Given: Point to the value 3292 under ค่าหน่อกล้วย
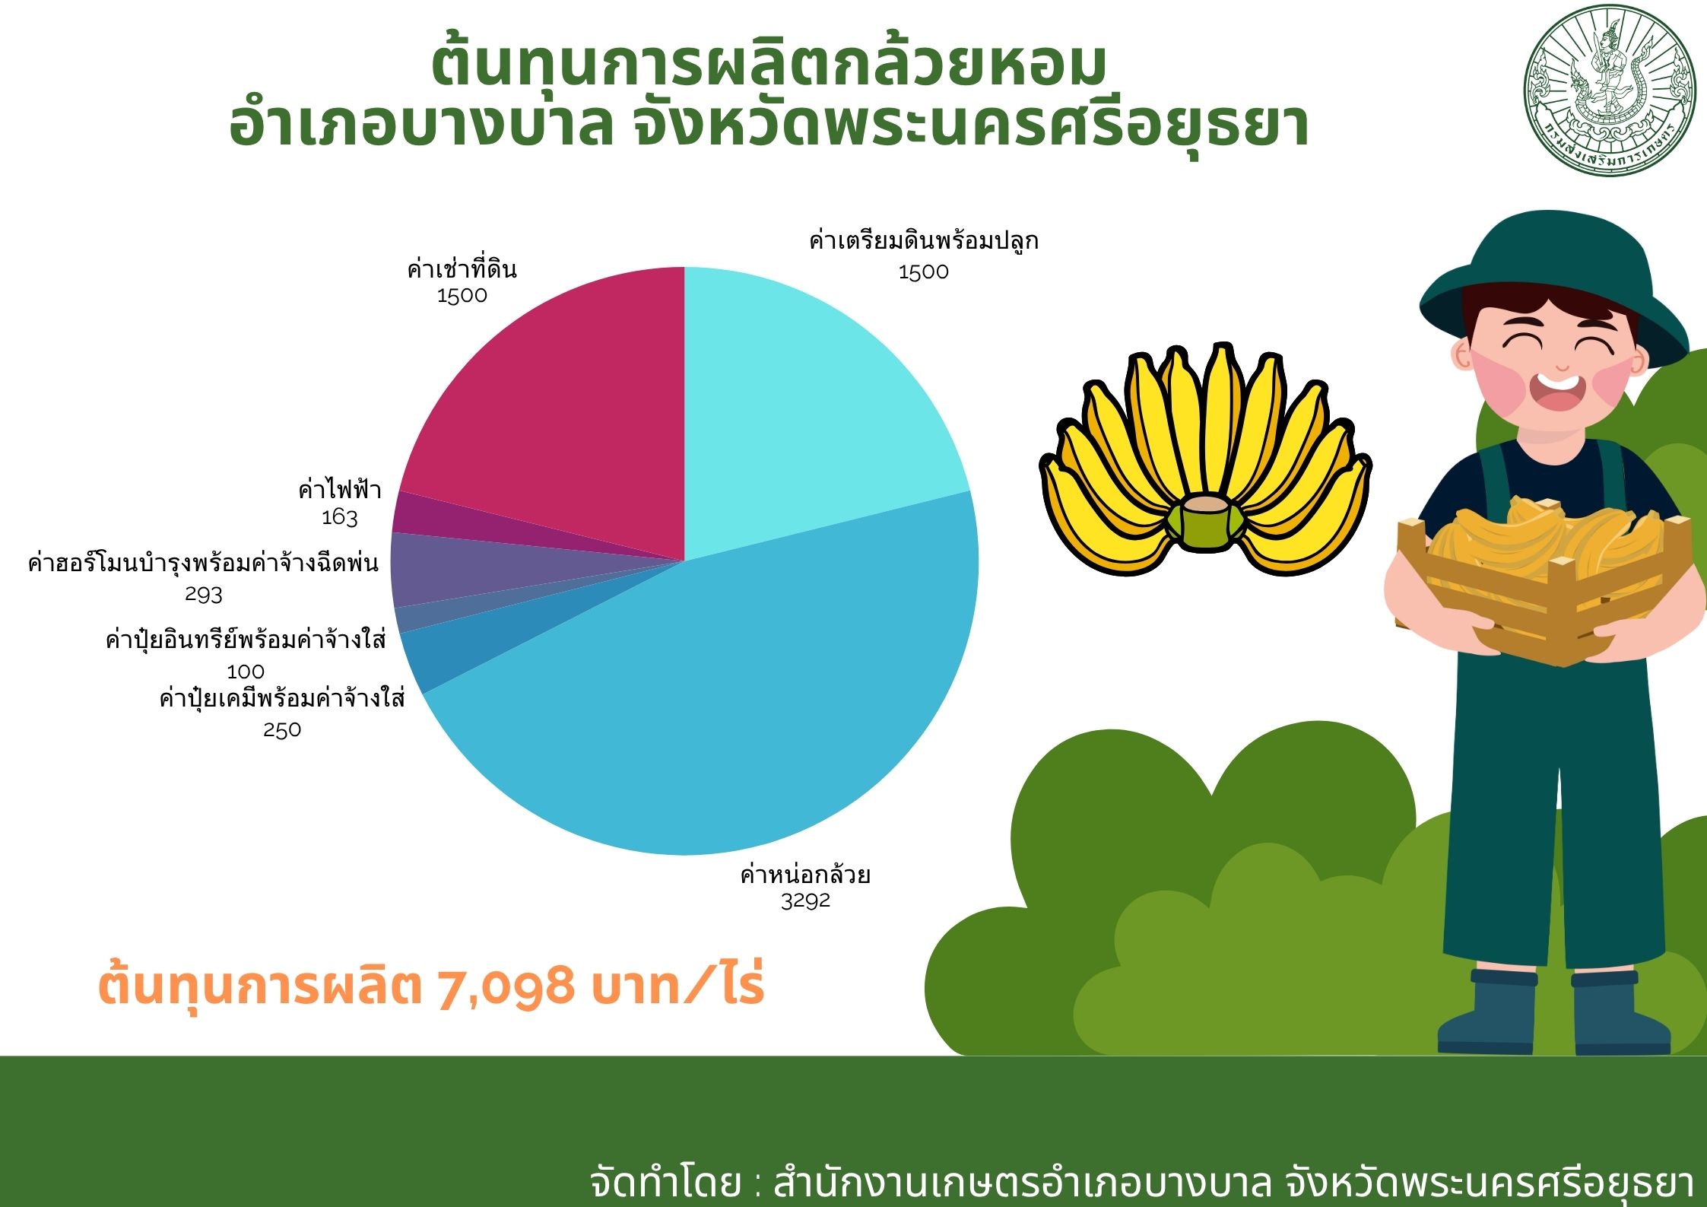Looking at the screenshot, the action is (x=805, y=900).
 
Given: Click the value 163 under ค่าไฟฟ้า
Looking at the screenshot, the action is (x=339, y=517).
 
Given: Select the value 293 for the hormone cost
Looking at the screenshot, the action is (x=204, y=594).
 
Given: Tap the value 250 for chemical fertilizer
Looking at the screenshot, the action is (x=282, y=730).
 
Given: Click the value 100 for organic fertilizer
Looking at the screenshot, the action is (x=246, y=672).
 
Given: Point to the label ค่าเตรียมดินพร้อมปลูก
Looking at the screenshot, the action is (x=924, y=241).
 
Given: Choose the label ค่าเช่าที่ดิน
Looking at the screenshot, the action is (x=462, y=269).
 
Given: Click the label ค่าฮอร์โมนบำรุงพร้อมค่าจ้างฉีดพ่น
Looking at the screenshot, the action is (x=203, y=564).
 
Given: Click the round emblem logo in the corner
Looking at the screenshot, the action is (x=1610, y=92).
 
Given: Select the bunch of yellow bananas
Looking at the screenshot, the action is (x=1205, y=459).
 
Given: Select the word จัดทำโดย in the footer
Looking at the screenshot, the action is (x=665, y=1183).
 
